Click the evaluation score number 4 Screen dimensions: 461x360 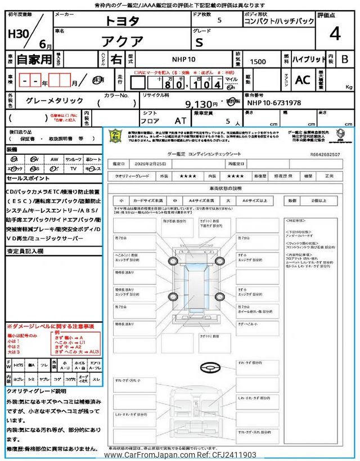[x=335, y=35]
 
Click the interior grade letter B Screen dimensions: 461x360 [x=345, y=59]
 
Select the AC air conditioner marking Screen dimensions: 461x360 [x=303, y=80]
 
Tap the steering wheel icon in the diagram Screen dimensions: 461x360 [x=209, y=366]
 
